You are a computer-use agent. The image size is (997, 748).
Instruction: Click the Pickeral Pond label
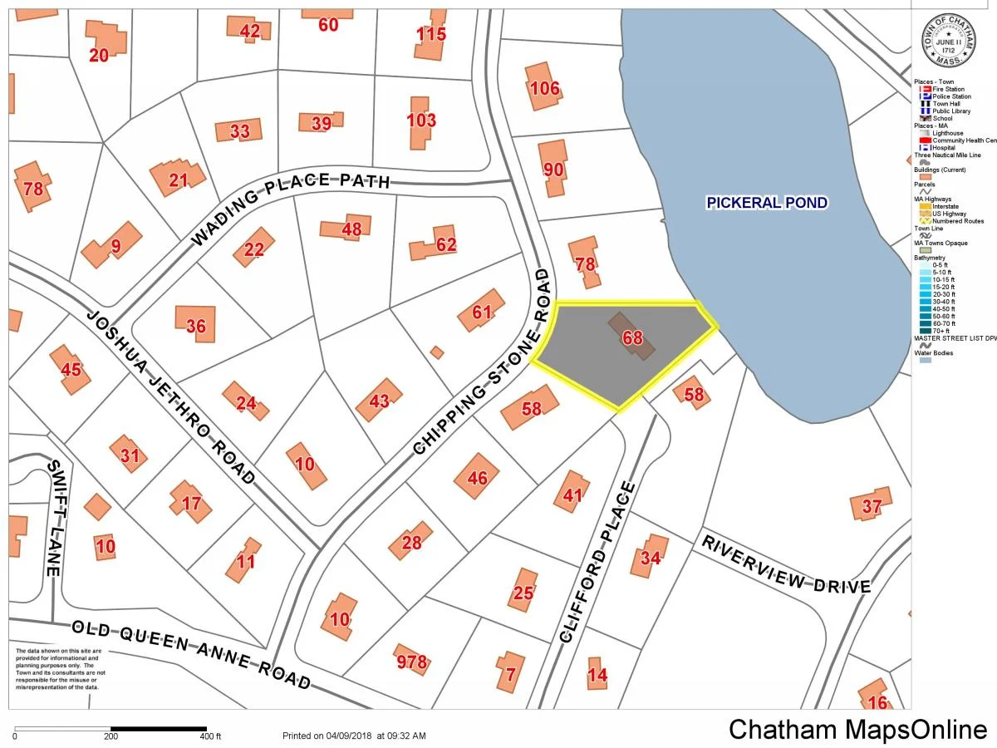766,203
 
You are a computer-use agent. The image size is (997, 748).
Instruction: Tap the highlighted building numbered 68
632,337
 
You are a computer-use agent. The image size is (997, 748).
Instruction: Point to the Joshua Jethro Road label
171,397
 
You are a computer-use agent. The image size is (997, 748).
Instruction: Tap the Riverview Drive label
786,564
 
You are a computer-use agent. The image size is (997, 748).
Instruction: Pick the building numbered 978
411,662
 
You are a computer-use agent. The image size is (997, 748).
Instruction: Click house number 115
431,35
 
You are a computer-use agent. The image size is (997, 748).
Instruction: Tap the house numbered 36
196,326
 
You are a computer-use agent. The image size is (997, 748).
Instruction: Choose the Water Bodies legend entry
934,353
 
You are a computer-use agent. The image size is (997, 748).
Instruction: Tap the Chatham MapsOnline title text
858,730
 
